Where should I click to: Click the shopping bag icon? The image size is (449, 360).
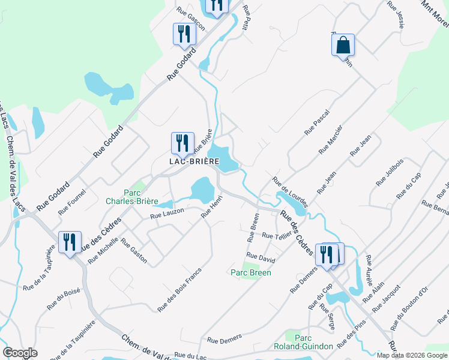pos(343,45)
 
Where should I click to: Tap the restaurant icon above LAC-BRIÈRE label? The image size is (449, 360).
pos(182,143)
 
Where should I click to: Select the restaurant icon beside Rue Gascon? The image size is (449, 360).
pos(184,34)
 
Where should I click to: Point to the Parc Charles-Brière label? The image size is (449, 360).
pos(132,197)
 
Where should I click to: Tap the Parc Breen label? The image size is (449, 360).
pos(251,272)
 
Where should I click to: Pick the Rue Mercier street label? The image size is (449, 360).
pos(331,139)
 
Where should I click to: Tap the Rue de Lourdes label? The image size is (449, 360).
pos(291,191)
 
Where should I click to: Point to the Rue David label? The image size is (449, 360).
pos(261,256)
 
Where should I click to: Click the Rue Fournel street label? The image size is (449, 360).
pos(72,202)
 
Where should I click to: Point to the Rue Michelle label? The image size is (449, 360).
pos(103,250)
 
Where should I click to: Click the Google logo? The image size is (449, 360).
pos(20,353)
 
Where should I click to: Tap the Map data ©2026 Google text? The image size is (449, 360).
pos(411,355)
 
